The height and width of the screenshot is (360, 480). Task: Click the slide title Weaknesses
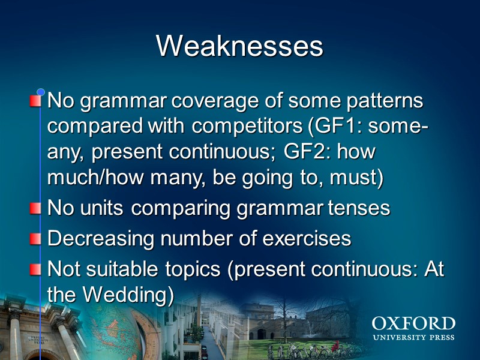point(239,46)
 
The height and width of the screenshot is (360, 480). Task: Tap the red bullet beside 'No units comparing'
point(37,209)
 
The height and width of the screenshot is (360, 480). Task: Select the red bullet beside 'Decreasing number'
point(37,239)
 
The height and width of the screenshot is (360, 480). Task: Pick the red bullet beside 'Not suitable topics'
point(37,269)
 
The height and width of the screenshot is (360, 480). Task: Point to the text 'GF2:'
point(315,152)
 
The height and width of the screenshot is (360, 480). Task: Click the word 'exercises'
point(308,238)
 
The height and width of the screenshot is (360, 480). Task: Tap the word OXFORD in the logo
point(413,324)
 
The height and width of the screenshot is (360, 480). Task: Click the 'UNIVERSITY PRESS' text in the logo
point(413,337)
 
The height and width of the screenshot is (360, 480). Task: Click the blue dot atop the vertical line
point(41,92)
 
